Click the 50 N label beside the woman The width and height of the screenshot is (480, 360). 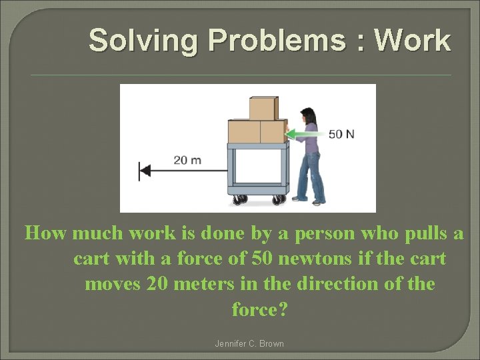(x=341, y=134)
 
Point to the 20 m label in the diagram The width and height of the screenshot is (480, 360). (x=188, y=160)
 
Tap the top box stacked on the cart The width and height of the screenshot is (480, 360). (x=263, y=108)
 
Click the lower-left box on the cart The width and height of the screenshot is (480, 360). (x=244, y=131)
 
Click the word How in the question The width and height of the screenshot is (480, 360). (x=46, y=233)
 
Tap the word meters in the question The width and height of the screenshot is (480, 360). (x=205, y=284)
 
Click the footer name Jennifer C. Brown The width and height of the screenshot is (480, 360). (x=249, y=344)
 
